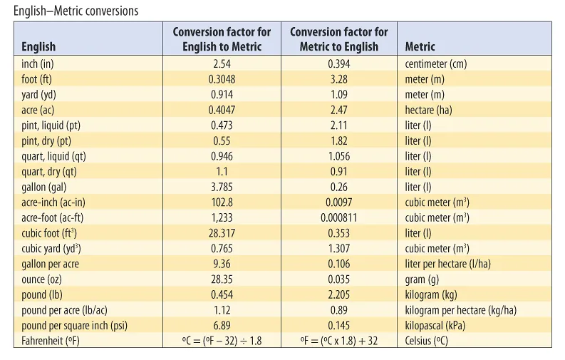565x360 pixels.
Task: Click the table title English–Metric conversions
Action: click(x=76, y=11)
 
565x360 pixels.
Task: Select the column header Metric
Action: click(x=420, y=47)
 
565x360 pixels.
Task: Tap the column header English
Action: click(x=38, y=47)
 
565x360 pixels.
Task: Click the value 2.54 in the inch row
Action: click(x=222, y=64)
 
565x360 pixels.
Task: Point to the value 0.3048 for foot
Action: click(x=222, y=79)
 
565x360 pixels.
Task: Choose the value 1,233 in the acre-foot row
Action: click(x=222, y=218)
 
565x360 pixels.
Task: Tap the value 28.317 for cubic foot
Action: click(x=222, y=233)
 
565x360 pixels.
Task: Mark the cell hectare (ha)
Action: click(x=428, y=110)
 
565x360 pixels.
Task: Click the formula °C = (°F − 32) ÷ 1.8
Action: click(x=222, y=341)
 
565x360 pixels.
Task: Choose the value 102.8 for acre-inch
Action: click(x=222, y=202)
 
